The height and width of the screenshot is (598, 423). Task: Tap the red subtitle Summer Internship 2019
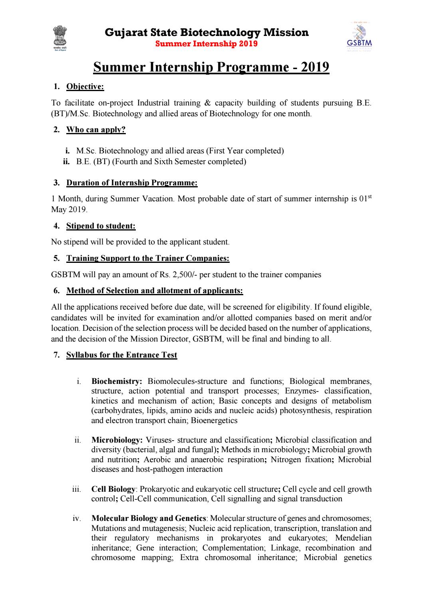pyautogui.click(x=206, y=44)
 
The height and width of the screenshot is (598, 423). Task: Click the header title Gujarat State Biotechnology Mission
pyautogui.click(x=207, y=32)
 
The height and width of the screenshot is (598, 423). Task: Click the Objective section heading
pyautogui.click(x=85, y=87)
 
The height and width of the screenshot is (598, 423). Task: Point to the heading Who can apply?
pyautogui.click(x=96, y=129)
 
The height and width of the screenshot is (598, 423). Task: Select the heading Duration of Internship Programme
pyautogui.click(x=132, y=183)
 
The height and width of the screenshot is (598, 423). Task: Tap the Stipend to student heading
pyautogui.click(x=101, y=226)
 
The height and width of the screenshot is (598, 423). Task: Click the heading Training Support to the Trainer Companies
pyautogui.click(x=148, y=258)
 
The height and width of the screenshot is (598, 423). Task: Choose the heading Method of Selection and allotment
pyautogui.click(x=155, y=291)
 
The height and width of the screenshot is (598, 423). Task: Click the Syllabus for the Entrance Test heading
pyautogui.click(x=121, y=355)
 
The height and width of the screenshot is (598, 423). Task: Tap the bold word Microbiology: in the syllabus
pyautogui.click(x=117, y=440)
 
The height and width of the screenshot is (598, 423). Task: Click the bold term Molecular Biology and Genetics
pyautogui.click(x=149, y=519)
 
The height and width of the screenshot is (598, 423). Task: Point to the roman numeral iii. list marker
pyautogui.click(x=77, y=489)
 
